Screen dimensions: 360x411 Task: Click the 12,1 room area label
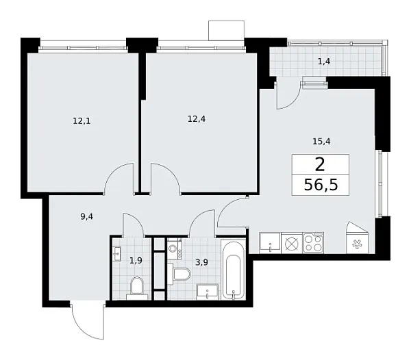click(82, 121)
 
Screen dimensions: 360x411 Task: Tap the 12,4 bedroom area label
click(197, 118)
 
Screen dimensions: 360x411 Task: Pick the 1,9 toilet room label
click(136, 260)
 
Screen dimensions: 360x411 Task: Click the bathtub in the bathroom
click(234, 270)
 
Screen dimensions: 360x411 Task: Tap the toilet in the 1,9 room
click(137, 287)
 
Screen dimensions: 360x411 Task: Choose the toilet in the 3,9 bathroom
click(181, 274)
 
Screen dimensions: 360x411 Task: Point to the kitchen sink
click(270, 242)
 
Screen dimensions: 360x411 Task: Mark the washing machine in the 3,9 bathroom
click(172, 249)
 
